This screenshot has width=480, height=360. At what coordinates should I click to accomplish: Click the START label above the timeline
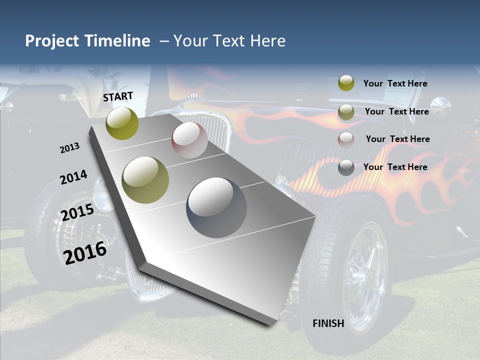pos(118,96)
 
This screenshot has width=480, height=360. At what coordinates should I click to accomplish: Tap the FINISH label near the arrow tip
pos(328,323)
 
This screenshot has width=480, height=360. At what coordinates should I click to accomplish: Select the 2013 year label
pos(69,148)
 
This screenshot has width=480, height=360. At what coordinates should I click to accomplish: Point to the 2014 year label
pos(73,177)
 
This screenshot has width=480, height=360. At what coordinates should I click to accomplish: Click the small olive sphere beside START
pos(122,123)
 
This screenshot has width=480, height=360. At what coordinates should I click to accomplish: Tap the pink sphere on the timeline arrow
pos(189,140)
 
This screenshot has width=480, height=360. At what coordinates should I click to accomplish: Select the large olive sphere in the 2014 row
pos(145,180)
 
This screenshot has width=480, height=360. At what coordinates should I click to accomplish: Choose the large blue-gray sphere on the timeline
pos(216,207)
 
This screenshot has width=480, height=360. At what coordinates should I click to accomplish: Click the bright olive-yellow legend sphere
pos(346,83)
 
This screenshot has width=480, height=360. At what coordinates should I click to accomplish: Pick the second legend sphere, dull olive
pos(346,112)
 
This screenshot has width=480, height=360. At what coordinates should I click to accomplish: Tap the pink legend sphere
pos(346,140)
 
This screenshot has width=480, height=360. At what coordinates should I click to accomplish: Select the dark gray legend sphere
pos(346,168)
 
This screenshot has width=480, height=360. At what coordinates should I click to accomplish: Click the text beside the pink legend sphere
pos(397,139)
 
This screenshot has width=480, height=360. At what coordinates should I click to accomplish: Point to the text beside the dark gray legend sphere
pos(395,167)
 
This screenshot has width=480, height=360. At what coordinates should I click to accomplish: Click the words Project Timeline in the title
pos(87,41)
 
